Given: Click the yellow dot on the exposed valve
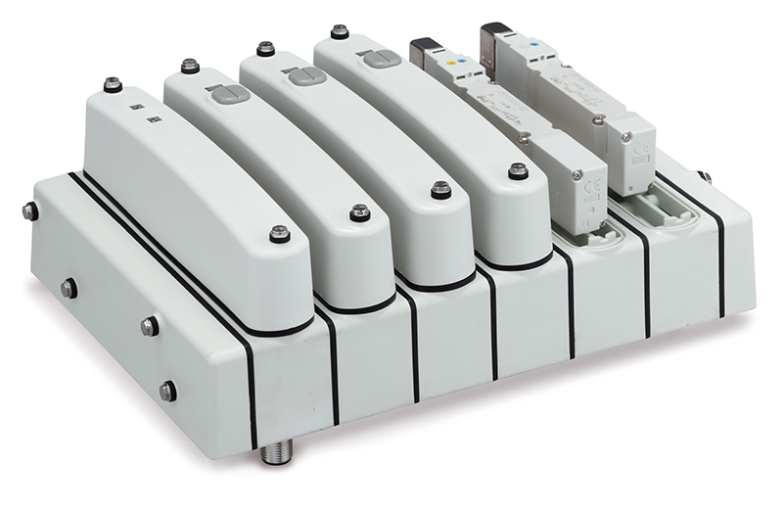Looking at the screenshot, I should tap(449, 62).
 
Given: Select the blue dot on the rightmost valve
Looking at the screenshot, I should tap(530, 45).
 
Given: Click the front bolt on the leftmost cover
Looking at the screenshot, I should tap(280, 233).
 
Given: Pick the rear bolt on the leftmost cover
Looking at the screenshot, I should tap(112, 85).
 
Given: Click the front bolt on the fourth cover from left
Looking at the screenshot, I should tap(517, 171).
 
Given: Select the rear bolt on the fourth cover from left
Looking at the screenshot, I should tap(340, 32).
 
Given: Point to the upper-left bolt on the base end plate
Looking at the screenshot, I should tap(30, 209).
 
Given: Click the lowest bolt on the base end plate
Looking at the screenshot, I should tap(168, 391).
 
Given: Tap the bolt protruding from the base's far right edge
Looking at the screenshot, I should tap(703, 177).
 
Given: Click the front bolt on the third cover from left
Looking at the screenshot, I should tap(440, 190).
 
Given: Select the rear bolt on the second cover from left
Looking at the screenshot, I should tap(190, 67).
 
